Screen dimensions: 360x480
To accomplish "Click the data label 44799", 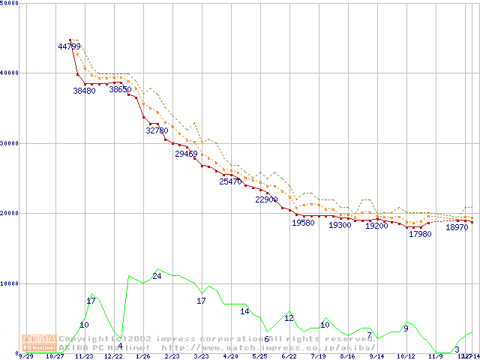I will click(x=69, y=46).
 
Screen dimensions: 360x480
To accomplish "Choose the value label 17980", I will click(x=420, y=234).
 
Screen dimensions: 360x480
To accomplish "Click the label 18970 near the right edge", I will click(x=457, y=226).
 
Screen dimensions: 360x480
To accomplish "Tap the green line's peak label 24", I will click(x=157, y=277).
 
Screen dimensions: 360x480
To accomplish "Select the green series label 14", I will click(x=244, y=311).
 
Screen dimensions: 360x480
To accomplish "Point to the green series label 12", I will click(x=289, y=318).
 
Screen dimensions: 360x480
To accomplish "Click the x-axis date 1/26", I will click(x=142, y=357).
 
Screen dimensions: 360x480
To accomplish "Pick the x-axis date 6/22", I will click(x=289, y=357).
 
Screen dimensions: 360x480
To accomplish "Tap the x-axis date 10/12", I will click(x=406, y=357).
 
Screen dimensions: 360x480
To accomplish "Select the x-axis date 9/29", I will click(x=25, y=357).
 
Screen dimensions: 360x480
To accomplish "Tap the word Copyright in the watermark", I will click(x=82, y=339).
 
